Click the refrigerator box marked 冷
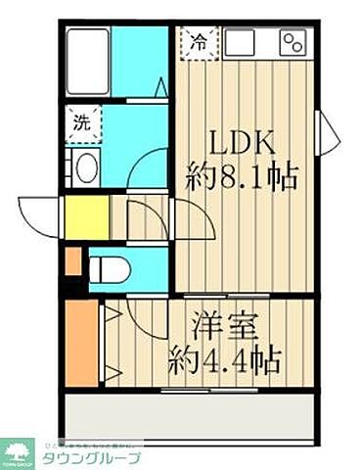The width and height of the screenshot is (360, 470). [199, 43]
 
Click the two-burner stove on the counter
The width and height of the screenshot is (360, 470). [293, 42]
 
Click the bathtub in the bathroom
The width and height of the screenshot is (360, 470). [88, 61]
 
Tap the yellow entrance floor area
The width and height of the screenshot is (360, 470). [86, 217]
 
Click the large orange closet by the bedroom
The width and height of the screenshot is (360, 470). [82, 343]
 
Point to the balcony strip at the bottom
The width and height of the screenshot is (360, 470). [191, 416]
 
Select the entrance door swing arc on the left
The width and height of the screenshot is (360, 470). [35, 217]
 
